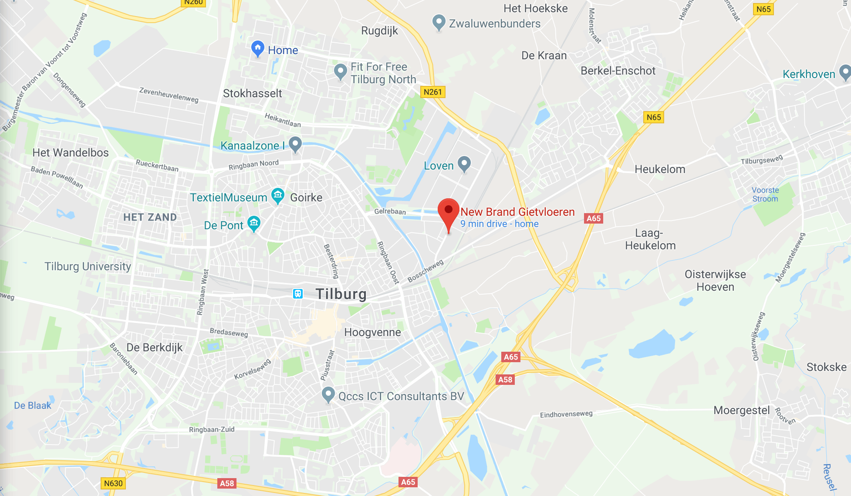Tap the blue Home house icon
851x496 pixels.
tap(258, 48)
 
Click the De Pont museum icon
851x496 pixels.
tap(254, 223)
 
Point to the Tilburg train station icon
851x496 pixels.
tap(298, 293)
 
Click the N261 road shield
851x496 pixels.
tap(432, 92)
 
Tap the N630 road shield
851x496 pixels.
tap(113, 483)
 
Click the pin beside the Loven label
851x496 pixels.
tap(464, 163)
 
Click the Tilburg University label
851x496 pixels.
tap(88, 266)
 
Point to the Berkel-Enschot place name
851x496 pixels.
tap(618, 71)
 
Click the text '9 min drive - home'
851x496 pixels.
tap(499, 224)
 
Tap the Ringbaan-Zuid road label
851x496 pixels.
tap(212, 429)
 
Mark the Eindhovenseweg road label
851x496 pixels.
tap(566, 414)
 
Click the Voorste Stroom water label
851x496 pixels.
tap(765, 194)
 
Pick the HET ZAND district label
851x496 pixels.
tap(150, 217)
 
